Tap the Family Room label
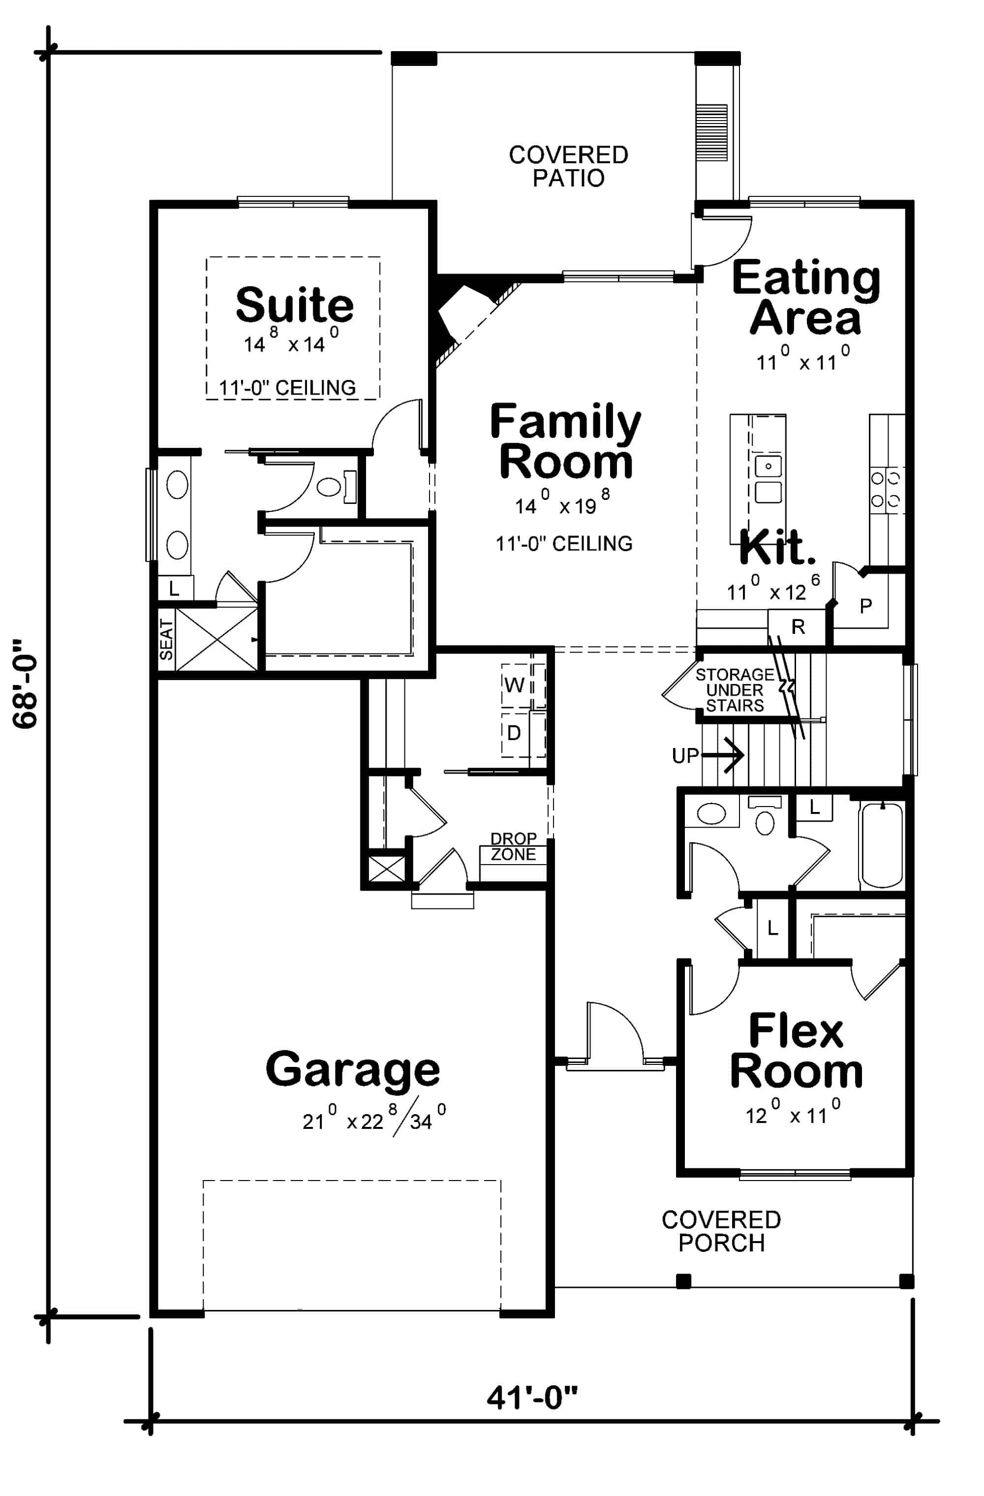565,441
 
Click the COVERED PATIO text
569,166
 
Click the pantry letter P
865,606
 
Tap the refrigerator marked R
798,626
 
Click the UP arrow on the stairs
723,754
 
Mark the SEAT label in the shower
166,639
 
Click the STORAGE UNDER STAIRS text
735,690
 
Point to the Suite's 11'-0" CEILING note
287,388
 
